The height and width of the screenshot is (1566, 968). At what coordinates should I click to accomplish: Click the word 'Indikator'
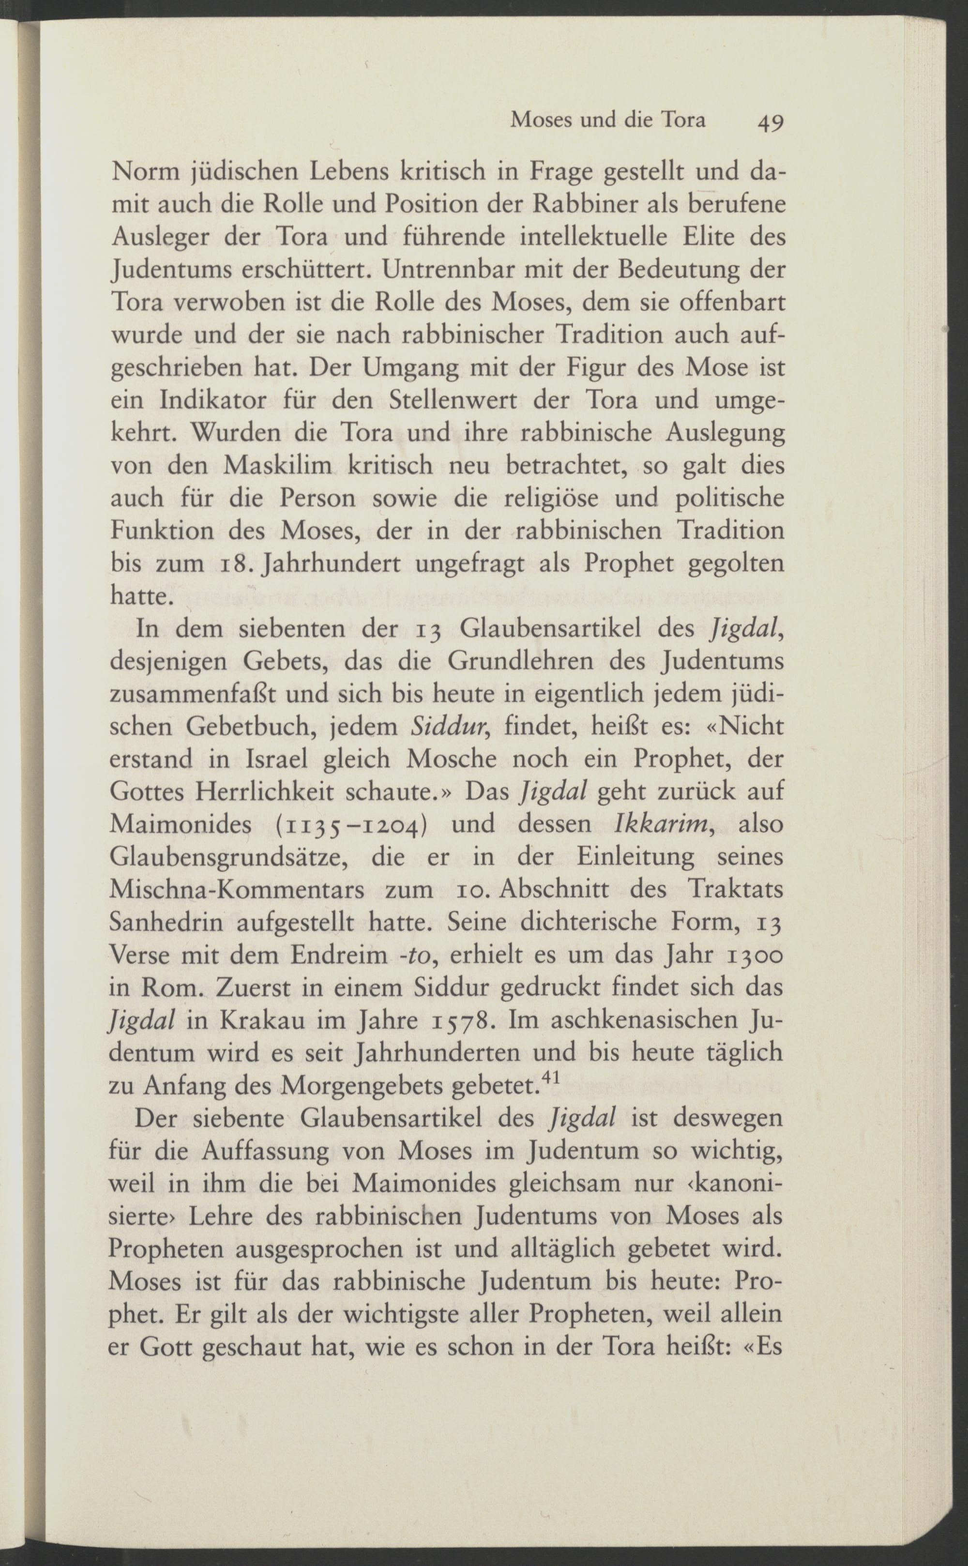212,401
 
